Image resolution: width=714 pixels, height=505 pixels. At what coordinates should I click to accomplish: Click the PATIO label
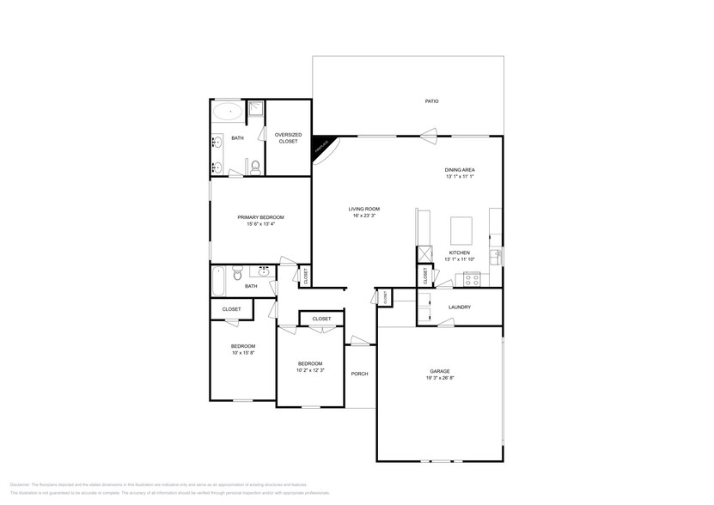click(432, 101)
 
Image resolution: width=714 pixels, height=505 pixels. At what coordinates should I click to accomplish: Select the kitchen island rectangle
click(461, 229)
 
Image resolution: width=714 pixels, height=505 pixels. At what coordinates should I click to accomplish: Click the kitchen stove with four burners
click(472, 278)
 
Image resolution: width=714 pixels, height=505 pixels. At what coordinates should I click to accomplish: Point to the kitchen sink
click(495, 256)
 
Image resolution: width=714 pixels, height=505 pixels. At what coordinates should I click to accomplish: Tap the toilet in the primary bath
click(255, 167)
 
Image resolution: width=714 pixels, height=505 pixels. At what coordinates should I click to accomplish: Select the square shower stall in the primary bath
click(255, 109)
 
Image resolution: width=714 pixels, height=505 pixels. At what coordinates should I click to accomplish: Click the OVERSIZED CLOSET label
click(287, 137)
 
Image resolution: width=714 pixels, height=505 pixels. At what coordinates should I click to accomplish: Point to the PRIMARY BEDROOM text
click(260, 217)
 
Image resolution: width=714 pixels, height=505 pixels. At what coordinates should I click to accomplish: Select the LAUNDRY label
click(460, 307)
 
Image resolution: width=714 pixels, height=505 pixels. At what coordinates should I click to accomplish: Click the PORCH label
click(360, 374)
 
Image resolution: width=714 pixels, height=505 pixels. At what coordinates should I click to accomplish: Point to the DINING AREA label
click(460, 170)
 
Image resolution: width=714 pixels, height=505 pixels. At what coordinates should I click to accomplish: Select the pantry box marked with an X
click(424, 255)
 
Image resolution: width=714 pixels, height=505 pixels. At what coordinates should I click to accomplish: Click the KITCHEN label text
click(459, 252)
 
